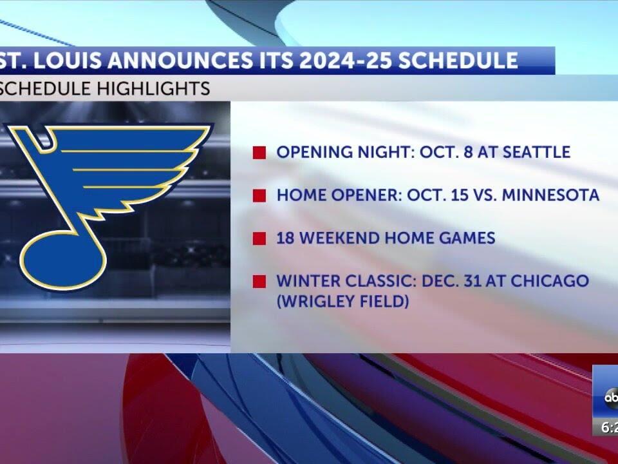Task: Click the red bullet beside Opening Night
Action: point(259,153)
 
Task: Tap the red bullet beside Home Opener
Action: point(259,195)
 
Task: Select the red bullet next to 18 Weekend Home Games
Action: point(259,238)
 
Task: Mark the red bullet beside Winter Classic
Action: point(259,282)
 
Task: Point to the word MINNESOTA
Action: point(554,195)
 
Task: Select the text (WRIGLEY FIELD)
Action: point(342,300)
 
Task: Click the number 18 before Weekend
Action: point(285,238)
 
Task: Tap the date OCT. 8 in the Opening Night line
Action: point(446,152)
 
